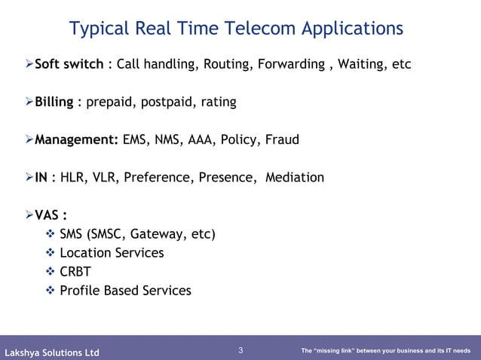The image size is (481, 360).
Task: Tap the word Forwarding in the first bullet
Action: [x=290, y=64]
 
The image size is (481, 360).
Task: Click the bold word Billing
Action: [x=54, y=102]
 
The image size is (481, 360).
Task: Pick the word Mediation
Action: [x=294, y=177]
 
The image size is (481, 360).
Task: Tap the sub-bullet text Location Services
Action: [x=112, y=253]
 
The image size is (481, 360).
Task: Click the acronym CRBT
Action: [x=75, y=271]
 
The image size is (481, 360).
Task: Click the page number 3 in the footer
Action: [x=240, y=350]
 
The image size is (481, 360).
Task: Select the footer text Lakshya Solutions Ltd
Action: [x=52, y=352]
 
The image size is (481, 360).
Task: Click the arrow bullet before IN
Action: [x=29, y=177]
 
